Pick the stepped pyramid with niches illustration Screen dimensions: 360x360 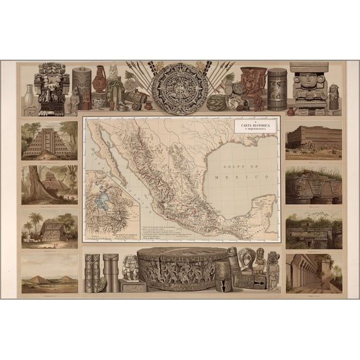[x=49, y=141]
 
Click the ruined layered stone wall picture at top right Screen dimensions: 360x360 [x=314, y=141]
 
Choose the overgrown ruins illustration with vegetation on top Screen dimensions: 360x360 [x=314, y=229]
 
